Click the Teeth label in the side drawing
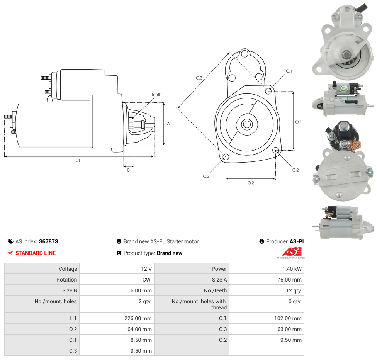pos(156,95)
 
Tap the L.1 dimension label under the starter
pos(78,160)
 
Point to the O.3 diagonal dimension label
pos(199,78)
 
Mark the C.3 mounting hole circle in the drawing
pos(226,157)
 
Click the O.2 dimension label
pos(251,183)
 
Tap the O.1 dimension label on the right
pos(298,122)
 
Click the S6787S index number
pos(49,241)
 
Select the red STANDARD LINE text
pos(36,253)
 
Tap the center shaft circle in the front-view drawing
pos(247,124)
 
